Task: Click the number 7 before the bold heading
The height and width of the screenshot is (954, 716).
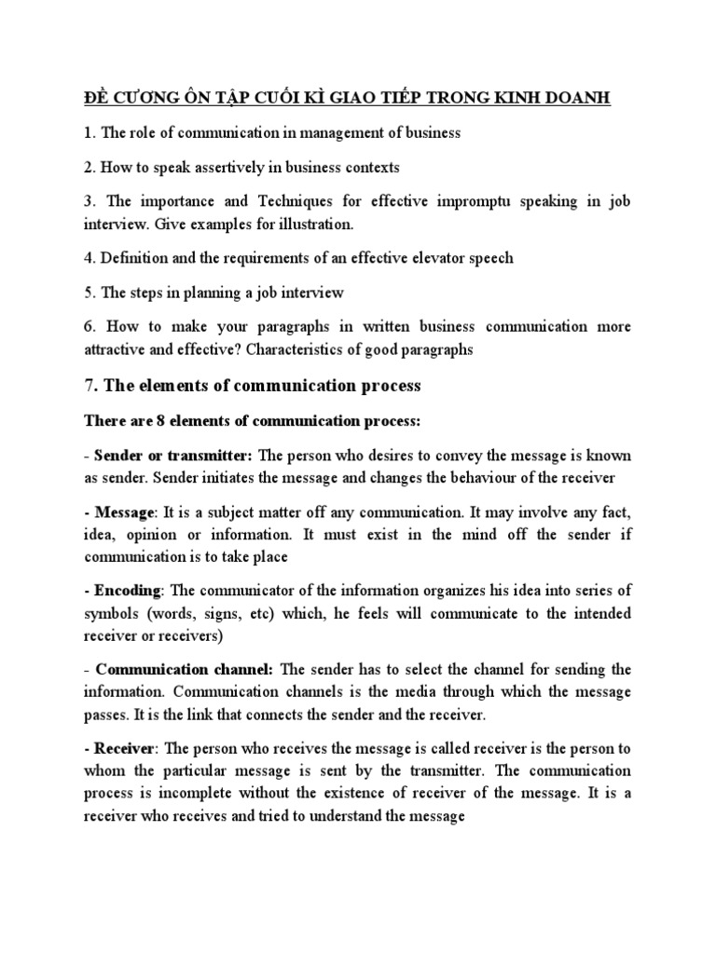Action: point(89,385)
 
